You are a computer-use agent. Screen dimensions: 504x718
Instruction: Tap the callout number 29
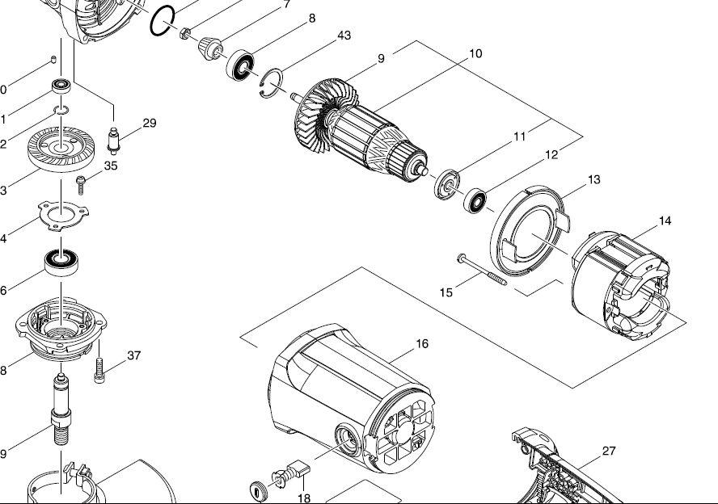click(x=150, y=124)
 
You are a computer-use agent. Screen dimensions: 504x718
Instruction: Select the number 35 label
click(x=111, y=166)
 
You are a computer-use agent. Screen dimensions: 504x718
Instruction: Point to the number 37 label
click(x=134, y=355)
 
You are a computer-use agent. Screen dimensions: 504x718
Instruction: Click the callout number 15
click(x=446, y=292)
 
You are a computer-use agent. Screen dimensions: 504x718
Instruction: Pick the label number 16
click(x=422, y=343)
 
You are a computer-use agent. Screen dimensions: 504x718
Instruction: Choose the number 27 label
click(x=609, y=451)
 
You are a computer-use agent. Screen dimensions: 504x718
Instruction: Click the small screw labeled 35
click(x=81, y=184)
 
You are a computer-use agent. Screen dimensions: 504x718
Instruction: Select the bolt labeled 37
click(x=99, y=371)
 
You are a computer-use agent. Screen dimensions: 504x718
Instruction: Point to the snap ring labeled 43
click(x=272, y=83)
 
